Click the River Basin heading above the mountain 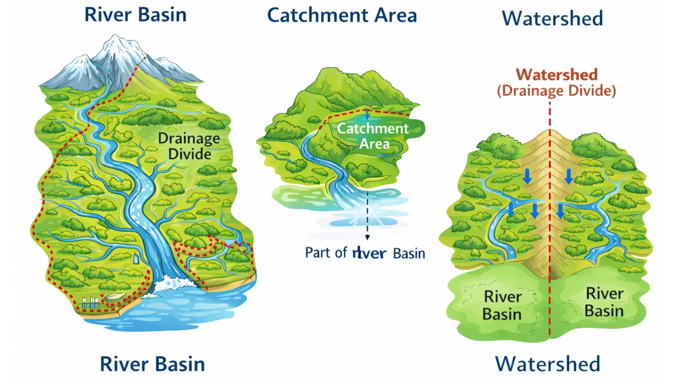click(135, 15)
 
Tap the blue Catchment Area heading click(342, 16)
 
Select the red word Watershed click(556, 75)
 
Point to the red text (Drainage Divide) click(556, 91)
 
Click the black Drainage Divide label click(189, 146)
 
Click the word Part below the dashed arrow click(318, 253)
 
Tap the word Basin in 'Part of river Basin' click(409, 254)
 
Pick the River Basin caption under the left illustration click(152, 364)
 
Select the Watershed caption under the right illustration click(547, 364)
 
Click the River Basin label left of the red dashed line click(502, 305)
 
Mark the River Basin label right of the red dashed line click(604, 302)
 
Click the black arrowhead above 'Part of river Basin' click(367, 238)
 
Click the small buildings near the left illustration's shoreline click(90, 302)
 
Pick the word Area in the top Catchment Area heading click(396, 16)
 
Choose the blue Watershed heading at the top click(552, 19)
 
